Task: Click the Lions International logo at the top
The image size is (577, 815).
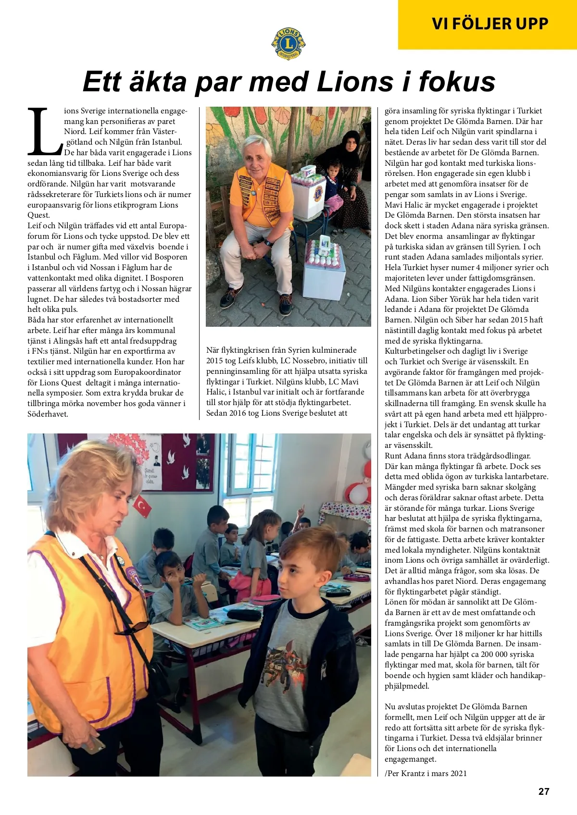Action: (288, 43)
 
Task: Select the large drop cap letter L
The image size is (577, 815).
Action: (45, 131)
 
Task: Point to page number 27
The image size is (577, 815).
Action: (543, 791)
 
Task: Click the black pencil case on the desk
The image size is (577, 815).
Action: (244, 614)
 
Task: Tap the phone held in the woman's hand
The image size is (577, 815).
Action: (94, 745)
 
